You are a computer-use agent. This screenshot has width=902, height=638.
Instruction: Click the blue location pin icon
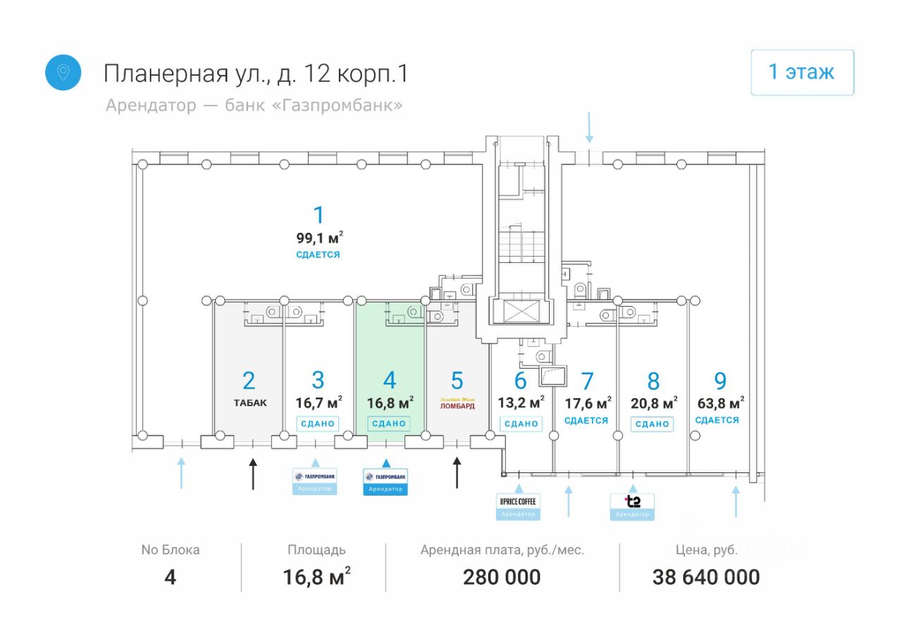pyautogui.click(x=63, y=73)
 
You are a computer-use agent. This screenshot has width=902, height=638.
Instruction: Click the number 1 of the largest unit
pyautogui.click(x=319, y=214)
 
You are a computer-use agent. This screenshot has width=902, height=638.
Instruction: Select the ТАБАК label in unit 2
pyautogui.click(x=251, y=403)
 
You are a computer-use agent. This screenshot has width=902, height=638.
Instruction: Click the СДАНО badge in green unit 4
pyautogui.click(x=389, y=424)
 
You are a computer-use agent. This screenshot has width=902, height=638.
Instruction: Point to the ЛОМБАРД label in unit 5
pyautogui.click(x=457, y=406)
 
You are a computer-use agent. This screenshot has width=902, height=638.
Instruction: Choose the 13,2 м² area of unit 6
pyautogui.click(x=521, y=403)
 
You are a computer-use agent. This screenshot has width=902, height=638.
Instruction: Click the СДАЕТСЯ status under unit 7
pyautogui.click(x=586, y=420)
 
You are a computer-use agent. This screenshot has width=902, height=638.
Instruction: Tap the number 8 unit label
pyautogui.click(x=653, y=381)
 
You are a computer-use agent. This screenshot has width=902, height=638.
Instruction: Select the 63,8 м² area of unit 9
pyautogui.click(x=719, y=403)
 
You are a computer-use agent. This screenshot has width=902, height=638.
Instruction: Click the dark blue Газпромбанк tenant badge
pyautogui.click(x=385, y=481)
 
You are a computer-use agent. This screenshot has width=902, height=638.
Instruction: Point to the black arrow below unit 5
pyautogui.click(x=457, y=473)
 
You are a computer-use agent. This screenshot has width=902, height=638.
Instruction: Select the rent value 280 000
pyautogui.click(x=502, y=577)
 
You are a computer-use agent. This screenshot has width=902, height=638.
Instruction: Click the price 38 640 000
pyautogui.click(x=706, y=577)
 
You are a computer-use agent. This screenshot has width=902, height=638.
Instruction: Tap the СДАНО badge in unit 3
pyautogui.click(x=317, y=424)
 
